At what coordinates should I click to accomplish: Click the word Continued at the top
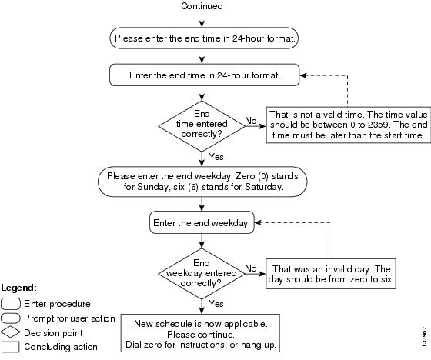(x=202, y=6)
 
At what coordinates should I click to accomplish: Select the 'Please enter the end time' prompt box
(x=204, y=38)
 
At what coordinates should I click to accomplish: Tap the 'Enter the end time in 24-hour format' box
(x=204, y=75)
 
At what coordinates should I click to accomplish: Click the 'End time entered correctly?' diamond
(x=202, y=126)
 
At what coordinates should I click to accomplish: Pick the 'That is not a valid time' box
(x=348, y=125)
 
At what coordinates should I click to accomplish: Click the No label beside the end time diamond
(x=251, y=120)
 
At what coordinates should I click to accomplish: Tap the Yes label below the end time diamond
(x=216, y=157)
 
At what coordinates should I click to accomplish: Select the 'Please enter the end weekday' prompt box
(x=202, y=182)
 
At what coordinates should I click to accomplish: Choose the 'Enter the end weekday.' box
(x=202, y=222)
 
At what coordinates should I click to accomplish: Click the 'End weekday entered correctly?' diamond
(x=202, y=274)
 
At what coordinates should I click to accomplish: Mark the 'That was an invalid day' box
(x=331, y=274)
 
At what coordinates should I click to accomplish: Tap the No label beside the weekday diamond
(x=251, y=268)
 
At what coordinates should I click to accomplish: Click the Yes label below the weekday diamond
(x=216, y=304)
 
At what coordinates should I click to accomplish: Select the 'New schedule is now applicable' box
(x=200, y=333)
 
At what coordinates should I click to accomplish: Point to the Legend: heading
(x=18, y=288)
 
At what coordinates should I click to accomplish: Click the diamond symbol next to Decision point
(x=11, y=332)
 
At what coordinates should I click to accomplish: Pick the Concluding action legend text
(x=61, y=347)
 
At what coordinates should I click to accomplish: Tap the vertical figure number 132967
(x=425, y=337)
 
